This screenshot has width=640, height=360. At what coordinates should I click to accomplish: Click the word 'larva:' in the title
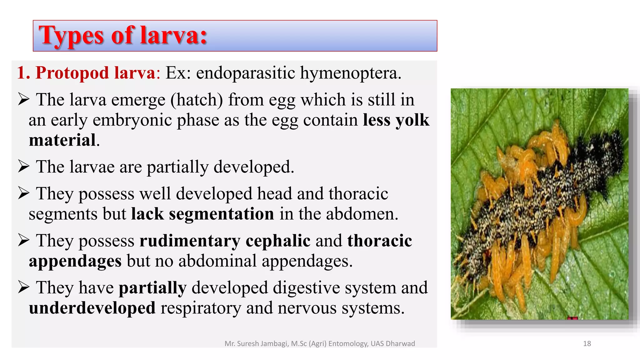173,35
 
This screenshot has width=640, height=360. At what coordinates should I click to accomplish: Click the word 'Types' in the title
71,36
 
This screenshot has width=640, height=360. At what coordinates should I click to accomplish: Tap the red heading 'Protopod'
72,73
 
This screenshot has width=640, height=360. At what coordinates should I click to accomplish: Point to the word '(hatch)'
197,100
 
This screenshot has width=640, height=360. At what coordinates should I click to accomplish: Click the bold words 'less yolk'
396,120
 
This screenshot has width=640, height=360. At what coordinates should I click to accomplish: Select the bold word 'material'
62,140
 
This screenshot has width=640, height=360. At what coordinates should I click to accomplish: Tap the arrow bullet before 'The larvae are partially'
24,166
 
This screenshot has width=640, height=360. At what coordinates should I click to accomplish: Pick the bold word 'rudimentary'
190,241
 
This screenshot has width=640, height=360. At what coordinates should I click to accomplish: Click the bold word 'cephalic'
278,241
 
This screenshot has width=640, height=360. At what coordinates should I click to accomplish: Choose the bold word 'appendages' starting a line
75,261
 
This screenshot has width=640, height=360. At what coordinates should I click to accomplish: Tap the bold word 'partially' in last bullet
152,287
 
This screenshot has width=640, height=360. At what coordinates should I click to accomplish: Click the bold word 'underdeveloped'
92,308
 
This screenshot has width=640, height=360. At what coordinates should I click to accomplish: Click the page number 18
587,343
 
